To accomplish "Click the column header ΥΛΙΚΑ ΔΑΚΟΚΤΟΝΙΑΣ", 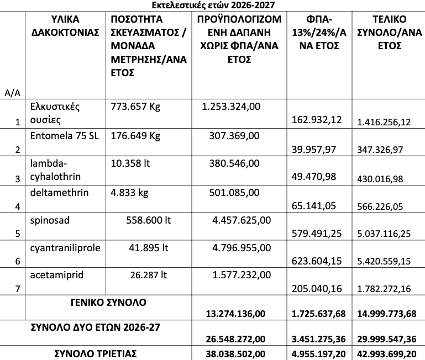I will [x=64, y=26].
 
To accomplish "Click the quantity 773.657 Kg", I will [x=135, y=107].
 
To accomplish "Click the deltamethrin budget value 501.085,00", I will [x=234, y=192].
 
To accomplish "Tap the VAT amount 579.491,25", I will [x=316, y=234].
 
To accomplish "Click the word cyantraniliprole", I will [x=65, y=248].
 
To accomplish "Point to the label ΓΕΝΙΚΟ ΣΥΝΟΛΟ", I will [x=108, y=303].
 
